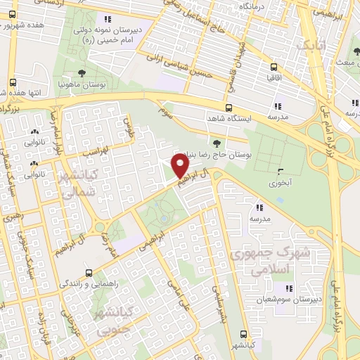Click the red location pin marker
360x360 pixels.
click(181, 167)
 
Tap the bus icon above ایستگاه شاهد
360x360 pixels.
click(229, 108)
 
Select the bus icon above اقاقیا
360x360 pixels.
click(274, 67)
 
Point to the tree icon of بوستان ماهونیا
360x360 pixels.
click(83, 72)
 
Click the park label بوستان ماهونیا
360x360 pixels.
click(83, 84)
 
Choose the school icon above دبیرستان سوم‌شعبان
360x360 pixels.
click(288, 288)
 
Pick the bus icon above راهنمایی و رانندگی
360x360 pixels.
click(89, 272)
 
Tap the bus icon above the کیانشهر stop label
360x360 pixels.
click(244, 335)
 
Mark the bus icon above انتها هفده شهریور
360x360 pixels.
click(13, 82)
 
